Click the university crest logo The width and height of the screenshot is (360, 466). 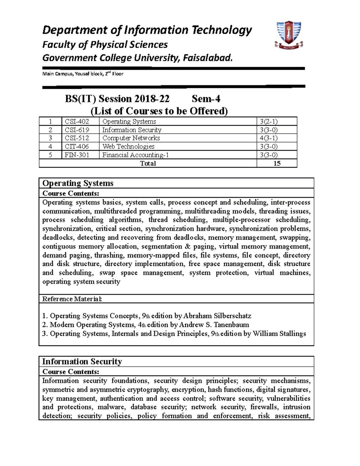click(288, 35)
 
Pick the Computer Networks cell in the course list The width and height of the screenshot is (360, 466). click(131, 138)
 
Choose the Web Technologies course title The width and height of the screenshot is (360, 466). click(128, 146)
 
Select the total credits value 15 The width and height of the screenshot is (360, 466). click(277, 163)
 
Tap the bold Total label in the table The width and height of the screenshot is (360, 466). click(148, 163)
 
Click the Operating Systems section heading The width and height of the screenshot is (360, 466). click(78, 183)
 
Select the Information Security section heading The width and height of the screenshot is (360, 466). click(82, 361)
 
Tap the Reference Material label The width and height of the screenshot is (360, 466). click(72, 299)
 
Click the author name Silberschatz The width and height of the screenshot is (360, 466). click(232, 316)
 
